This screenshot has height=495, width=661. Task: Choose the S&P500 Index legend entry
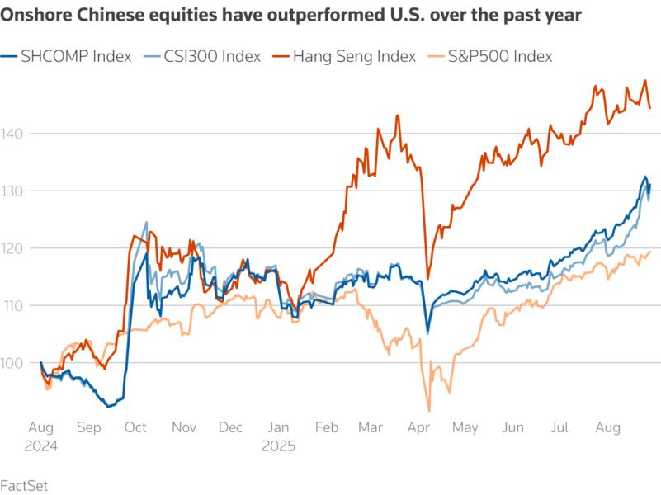tap(500, 56)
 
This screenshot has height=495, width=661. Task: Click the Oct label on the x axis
tap(135, 427)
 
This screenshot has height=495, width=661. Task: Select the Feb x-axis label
tap(327, 427)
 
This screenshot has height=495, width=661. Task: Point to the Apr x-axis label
tap(421, 427)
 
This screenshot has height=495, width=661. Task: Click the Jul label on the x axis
tap(559, 427)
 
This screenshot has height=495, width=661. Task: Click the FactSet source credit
tap(24, 484)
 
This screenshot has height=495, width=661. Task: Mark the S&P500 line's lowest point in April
tap(429, 410)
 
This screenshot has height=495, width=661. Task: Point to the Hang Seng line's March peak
tap(398, 115)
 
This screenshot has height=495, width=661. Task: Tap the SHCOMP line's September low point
tap(107, 407)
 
